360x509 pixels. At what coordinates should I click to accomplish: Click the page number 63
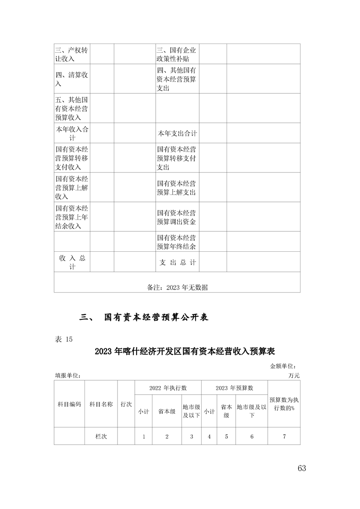(302, 468)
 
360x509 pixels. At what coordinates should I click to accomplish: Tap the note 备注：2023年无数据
(178, 287)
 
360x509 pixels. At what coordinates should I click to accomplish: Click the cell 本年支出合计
(177, 133)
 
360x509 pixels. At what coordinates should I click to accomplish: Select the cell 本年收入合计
(72, 133)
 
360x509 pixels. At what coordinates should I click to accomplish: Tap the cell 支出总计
(177, 262)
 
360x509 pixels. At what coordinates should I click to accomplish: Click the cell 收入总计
(72, 262)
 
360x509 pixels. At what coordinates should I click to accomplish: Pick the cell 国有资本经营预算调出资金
(177, 217)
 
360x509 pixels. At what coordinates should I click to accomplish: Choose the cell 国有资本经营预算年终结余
(177, 242)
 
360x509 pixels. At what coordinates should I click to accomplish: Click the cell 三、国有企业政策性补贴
(177, 54)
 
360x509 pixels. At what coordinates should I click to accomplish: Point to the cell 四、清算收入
(72, 79)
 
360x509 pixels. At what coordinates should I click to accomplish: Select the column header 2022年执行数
(168, 388)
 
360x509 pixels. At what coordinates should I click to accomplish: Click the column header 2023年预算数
(234, 388)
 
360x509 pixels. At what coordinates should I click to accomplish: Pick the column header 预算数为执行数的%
(284, 404)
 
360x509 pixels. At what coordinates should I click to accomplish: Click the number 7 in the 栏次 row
(284, 436)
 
